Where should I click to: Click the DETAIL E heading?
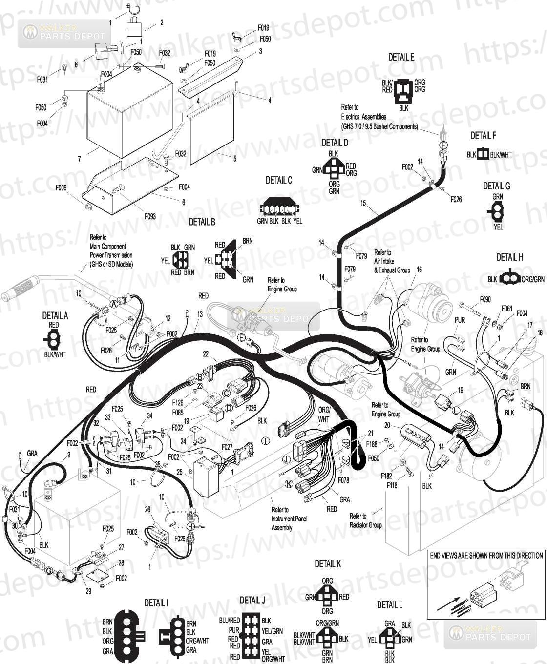click(401, 57)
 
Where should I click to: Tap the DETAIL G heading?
click(496, 186)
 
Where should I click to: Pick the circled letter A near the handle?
click(114, 304)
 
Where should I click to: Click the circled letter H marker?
click(190, 527)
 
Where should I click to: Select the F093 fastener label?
click(150, 216)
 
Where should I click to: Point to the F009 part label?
click(61, 188)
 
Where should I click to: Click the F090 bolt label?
click(485, 299)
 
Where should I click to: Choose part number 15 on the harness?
click(363, 203)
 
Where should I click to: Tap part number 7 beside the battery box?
click(79, 159)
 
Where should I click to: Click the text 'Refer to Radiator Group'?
click(365, 520)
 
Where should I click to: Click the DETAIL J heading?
click(252, 600)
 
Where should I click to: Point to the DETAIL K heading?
click(328, 564)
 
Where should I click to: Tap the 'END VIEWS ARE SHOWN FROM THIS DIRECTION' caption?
click(486, 555)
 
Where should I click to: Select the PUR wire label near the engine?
click(460, 320)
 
